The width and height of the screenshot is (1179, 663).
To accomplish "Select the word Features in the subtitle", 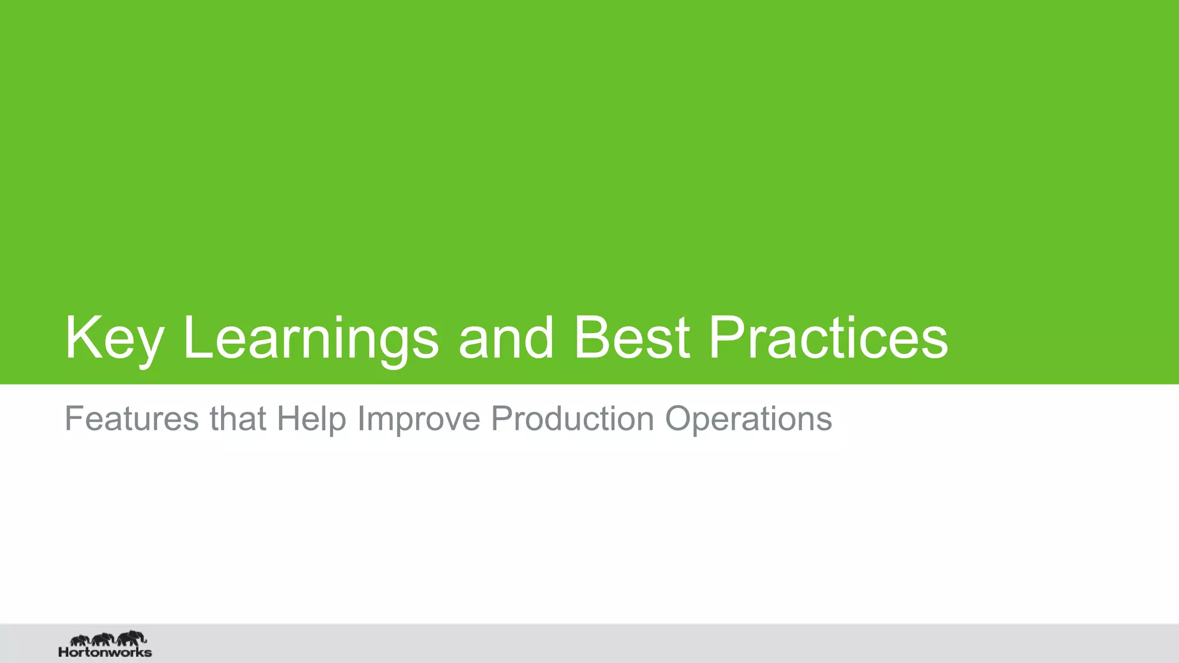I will pyautogui.click(x=131, y=418).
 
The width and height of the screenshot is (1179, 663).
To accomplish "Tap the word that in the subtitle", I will pyautogui.click(x=237, y=418).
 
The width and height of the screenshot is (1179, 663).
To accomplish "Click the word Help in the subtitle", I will pyautogui.click(x=311, y=418).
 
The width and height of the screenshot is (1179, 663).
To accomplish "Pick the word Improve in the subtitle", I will pyautogui.click(x=419, y=418).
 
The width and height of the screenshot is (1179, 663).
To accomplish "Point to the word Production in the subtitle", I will pyautogui.click(x=572, y=418).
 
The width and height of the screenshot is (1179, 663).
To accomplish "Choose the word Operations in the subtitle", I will pyautogui.click(x=748, y=418).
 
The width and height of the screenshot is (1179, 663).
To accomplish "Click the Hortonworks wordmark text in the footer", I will pyautogui.click(x=105, y=653).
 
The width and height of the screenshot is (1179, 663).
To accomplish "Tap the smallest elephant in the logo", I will pyautogui.click(x=79, y=640).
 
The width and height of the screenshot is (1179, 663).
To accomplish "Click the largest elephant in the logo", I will pyautogui.click(x=131, y=638).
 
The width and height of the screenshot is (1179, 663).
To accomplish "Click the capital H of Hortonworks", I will pyautogui.click(x=63, y=653).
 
